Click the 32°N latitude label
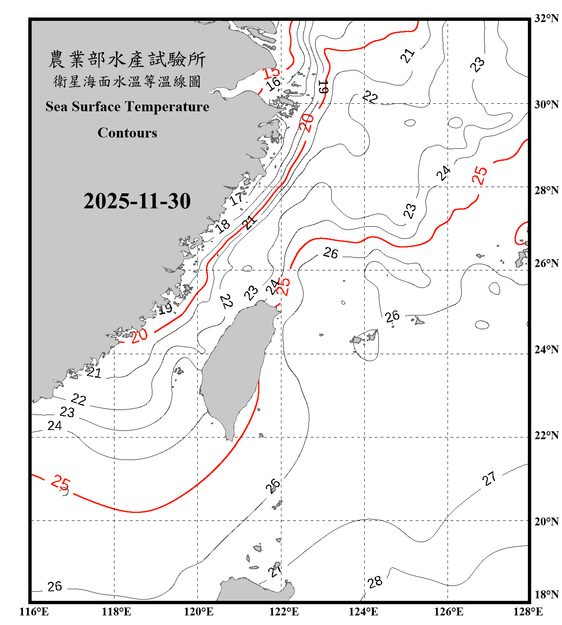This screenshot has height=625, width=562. [546, 18]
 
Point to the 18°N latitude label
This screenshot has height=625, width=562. [546, 595]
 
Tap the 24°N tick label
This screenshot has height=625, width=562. [546, 350]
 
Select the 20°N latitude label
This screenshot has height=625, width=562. [546, 521]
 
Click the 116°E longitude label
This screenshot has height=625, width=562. [34, 612]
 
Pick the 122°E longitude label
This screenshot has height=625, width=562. [284, 612]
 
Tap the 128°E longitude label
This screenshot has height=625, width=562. [528, 612]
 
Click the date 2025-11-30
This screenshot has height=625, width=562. [137, 201]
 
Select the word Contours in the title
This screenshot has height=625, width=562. [127, 133]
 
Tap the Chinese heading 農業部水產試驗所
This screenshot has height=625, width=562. [127, 60]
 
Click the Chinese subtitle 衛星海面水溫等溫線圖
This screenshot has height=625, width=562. [127, 81]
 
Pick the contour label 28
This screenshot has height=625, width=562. [375, 582]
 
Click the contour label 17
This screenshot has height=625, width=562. [236, 199]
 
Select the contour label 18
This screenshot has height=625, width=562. [222, 226]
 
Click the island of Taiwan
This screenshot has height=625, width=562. [235, 367]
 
